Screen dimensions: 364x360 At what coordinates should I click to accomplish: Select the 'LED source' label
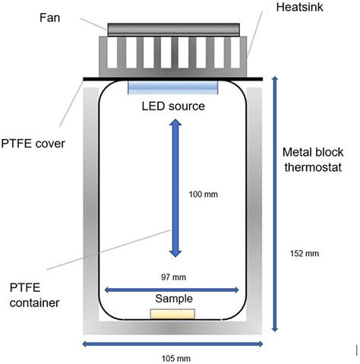(x=173, y=106)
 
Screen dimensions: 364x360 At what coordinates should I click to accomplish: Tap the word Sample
(x=173, y=299)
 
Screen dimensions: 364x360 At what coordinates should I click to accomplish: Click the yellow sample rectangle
(x=173, y=314)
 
